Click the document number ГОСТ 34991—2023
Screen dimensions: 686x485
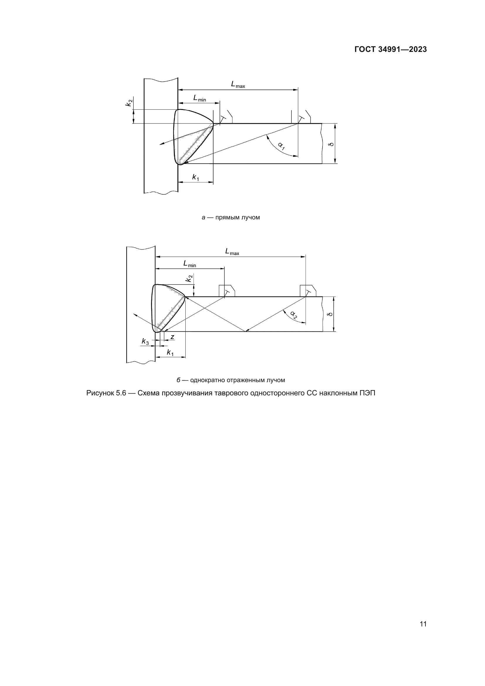pos(390,50)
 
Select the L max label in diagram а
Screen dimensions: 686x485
pos(238,84)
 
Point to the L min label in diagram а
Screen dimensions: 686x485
pos(199,98)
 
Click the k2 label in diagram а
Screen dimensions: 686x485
pos(129,102)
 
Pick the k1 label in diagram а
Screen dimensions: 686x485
pos(196,177)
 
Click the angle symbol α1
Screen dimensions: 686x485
pos(281,145)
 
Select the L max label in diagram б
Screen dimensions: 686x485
pos(232,252)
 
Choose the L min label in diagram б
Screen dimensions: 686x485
pos(190,264)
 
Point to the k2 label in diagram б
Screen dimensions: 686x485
pos(189,279)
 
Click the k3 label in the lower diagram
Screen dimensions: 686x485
pos(145,341)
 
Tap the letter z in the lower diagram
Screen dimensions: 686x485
pos(172,337)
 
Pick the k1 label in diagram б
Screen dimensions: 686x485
pos(170,353)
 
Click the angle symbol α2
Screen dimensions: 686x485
pos(294,315)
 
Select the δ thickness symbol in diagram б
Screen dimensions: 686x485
pos(330,314)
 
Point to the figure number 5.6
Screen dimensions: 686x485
pos(121,393)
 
